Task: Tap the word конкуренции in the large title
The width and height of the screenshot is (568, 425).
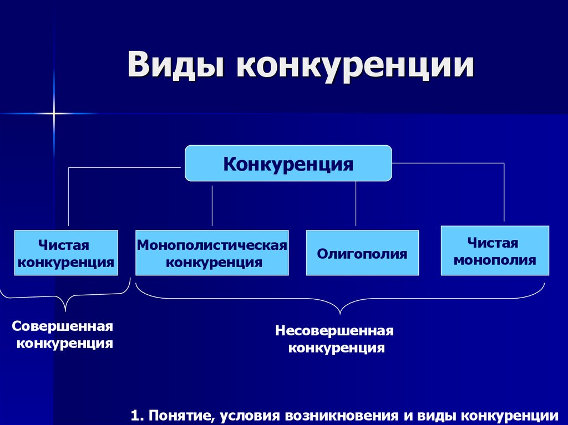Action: [x=356, y=66]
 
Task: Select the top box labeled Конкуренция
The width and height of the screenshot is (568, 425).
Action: [x=288, y=163]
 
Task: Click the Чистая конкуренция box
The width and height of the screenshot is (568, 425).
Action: [x=66, y=253]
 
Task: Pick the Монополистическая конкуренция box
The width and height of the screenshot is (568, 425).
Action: [x=212, y=253]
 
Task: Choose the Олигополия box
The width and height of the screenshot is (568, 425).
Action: [x=362, y=253]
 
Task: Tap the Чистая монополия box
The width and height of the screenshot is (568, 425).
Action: [x=495, y=250]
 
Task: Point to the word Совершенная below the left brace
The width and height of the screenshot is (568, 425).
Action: [x=62, y=326]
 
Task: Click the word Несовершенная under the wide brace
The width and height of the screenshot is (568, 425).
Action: [x=334, y=330]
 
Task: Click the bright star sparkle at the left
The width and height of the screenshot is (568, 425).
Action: [x=54, y=114]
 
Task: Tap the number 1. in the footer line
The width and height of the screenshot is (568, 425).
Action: [x=138, y=416]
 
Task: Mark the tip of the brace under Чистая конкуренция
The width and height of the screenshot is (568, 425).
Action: [x=65, y=311]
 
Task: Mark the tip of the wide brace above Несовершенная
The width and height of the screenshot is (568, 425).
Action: [x=340, y=314]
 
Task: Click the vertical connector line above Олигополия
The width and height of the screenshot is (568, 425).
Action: [x=356, y=203]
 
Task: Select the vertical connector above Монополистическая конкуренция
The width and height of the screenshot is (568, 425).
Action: [x=212, y=206]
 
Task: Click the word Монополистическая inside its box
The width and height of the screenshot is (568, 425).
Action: [x=212, y=245]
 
